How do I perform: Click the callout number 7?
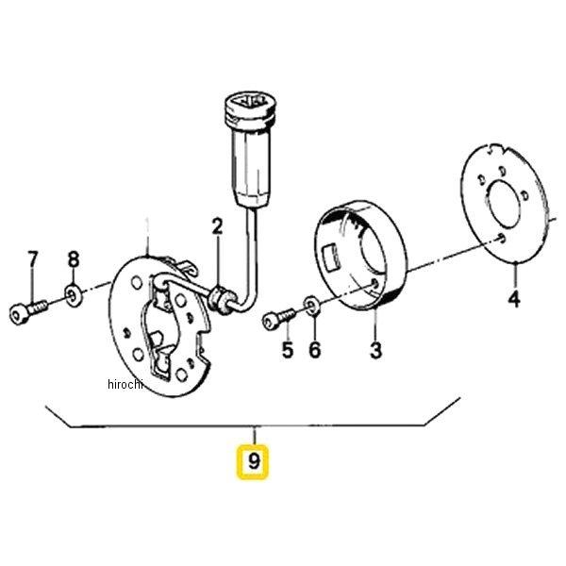point(32,259)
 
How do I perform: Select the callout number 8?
point(74,259)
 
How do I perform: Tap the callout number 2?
point(217,226)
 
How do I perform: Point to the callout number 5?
point(288,350)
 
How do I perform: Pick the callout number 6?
point(315,350)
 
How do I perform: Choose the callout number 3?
point(375,350)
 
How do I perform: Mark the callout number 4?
point(514,299)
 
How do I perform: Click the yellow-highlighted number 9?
point(253,461)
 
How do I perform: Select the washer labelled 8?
point(74,295)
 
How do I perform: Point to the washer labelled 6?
point(311,306)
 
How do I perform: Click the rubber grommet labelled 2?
point(219,299)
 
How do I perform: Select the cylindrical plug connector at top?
point(250,149)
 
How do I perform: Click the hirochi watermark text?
point(125,384)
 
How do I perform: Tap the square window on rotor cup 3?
point(332,258)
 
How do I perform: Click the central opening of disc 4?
point(503,204)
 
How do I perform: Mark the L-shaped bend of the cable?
point(251,302)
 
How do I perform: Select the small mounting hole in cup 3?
point(375,284)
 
